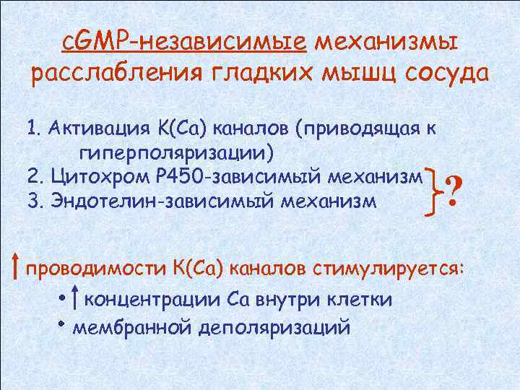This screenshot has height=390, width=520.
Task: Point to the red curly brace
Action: click(x=435, y=189)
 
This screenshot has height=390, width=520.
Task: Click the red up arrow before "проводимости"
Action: click(x=16, y=266)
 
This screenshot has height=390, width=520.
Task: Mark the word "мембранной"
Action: click(x=134, y=326)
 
